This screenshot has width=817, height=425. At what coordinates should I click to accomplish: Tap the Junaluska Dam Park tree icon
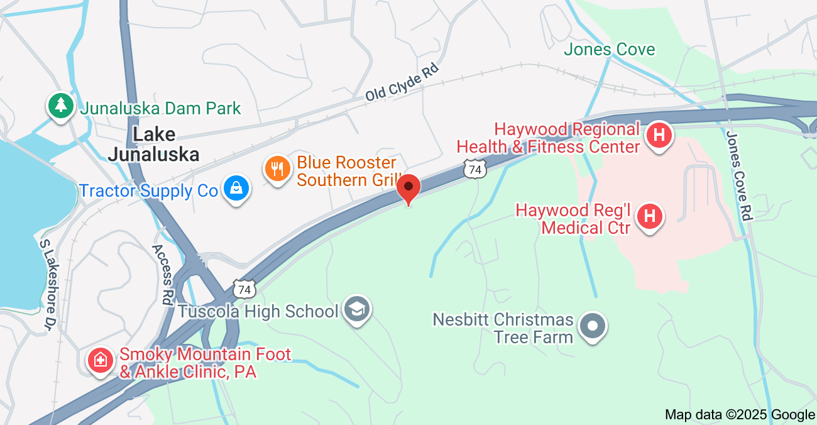coord(60,106)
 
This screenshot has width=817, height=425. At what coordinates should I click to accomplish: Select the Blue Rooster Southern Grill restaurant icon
coord(277,168)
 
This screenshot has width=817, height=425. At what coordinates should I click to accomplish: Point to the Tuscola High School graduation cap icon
coord(358,309)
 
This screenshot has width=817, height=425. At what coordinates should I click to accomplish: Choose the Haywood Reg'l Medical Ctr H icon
coord(650,217)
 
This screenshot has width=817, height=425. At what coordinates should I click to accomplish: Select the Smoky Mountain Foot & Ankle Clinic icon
coord(100,360)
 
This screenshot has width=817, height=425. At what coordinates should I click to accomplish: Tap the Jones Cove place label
coord(609,50)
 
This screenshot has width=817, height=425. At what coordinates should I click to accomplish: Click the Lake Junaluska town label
coord(153,144)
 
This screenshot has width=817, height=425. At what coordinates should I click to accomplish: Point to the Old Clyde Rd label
coord(401,84)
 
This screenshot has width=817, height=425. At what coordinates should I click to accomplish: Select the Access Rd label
coord(162,274)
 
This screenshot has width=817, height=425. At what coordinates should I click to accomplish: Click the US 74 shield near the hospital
coord(476,169)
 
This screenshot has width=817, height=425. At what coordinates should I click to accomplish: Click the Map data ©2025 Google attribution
coord(740,414)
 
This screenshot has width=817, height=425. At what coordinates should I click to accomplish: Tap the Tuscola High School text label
coord(258,311)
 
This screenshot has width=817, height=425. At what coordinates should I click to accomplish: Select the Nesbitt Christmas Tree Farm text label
coord(503,328)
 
